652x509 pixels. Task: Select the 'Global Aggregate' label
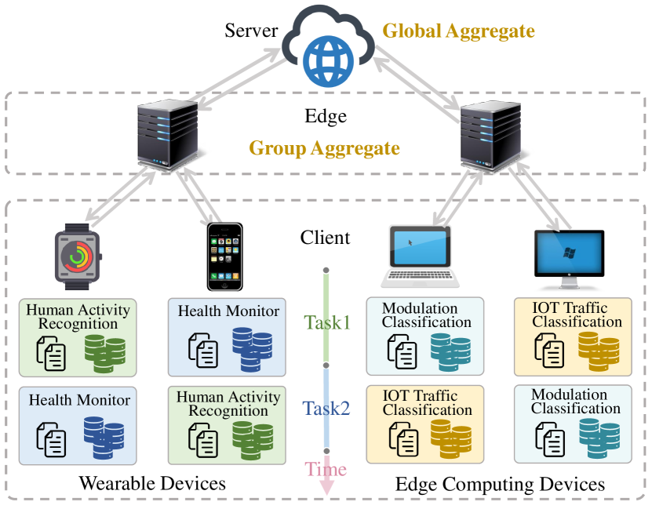(458, 31)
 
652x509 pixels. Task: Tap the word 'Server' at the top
(251, 31)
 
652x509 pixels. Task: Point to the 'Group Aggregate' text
(324, 147)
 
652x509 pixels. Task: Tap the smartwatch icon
(78, 254)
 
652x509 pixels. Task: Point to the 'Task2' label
(327, 409)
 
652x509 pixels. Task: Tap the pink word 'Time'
(326, 470)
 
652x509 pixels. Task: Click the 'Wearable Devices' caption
(152, 483)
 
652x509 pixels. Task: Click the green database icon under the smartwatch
(105, 351)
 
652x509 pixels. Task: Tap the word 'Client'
(326, 237)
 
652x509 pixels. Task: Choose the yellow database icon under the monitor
(599, 350)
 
